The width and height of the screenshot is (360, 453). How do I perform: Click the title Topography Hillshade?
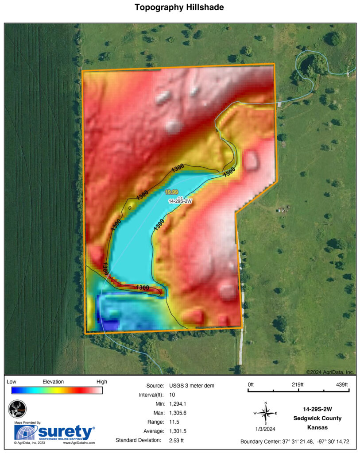pos(180,8)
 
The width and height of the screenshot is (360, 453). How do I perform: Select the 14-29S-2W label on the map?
pos(180,201)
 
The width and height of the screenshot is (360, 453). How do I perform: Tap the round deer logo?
pos(18,409)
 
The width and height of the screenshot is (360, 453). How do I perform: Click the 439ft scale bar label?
pos(343,384)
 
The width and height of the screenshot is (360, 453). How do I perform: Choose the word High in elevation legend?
pos(101,381)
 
